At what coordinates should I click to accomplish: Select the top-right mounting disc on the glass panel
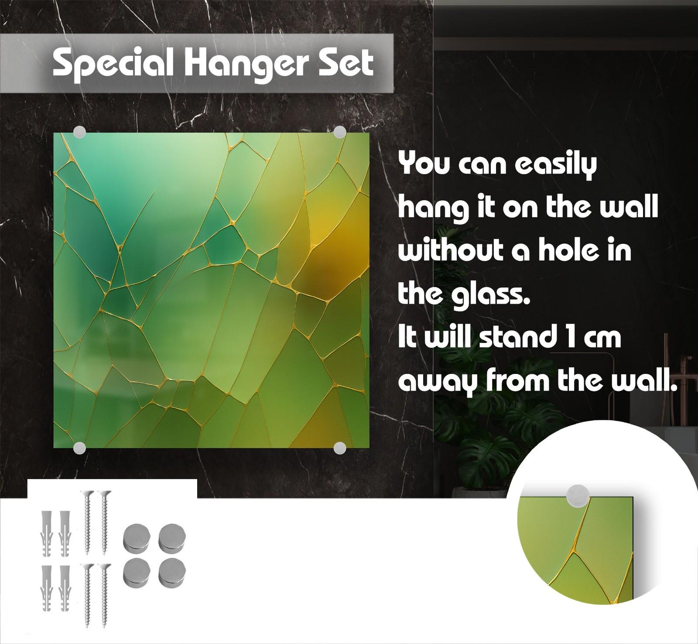[x=340, y=133]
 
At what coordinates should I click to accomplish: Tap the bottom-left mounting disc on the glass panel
[x=79, y=448]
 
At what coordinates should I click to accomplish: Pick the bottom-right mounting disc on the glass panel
[x=340, y=448]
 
